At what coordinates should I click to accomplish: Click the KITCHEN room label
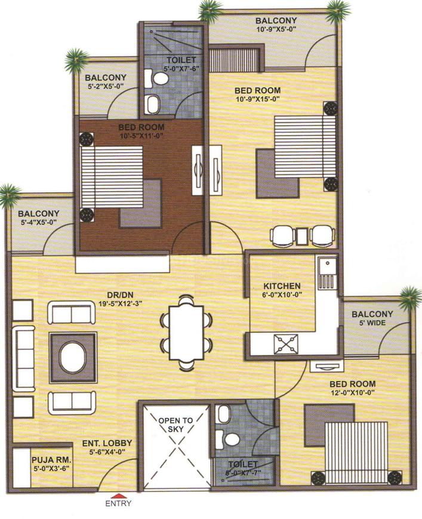coord(282,286)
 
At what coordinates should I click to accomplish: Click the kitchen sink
coord(326,272)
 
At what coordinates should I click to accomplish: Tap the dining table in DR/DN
coord(186,330)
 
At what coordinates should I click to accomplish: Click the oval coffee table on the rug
coord(72,357)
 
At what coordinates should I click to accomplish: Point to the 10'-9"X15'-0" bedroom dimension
coord(258,99)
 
